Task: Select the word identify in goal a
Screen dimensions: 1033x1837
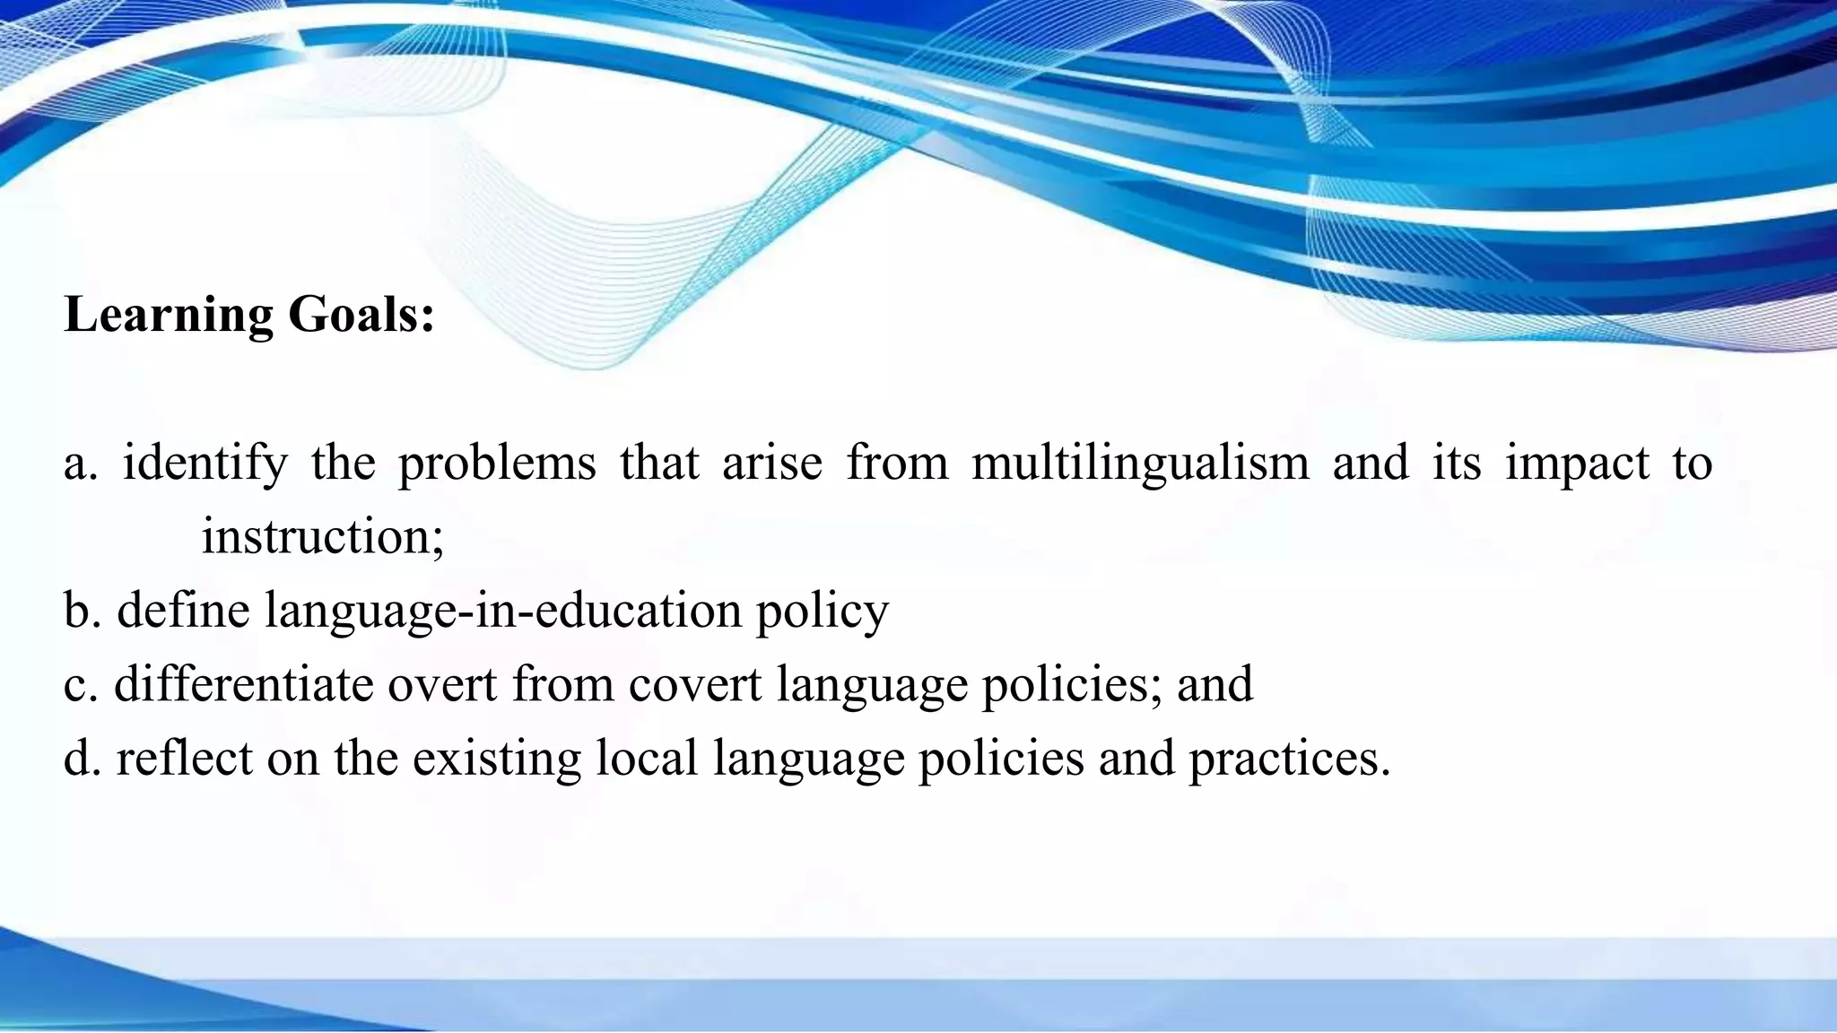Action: pyautogui.click(x=205, y=464)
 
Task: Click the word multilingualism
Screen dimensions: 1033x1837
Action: pyautogui.click(x=1140, y=464)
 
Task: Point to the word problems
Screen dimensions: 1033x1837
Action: pyautogui.click(x=497, y=464)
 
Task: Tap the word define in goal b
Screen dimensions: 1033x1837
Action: pyautogui.click(x=183, y=611)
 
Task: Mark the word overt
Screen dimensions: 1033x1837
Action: pyautogui.click(x=441, y=686)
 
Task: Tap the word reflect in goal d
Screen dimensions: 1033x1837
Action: pyautogui.click(x=184, y=758)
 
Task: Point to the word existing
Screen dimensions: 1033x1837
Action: pyautogui.click(x=496, y=760)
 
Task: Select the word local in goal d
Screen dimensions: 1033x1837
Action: pyautogui.click(x=646, y=758)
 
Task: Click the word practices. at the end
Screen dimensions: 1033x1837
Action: pyautogui.click(x=1289, y=760)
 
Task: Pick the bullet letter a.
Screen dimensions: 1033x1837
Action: pyautogui.click(x=79, y=464)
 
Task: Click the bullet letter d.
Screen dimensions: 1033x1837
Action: pyautogui.click(x=80, y=758)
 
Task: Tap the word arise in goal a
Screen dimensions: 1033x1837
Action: pyautogui.click(x=772, y=464)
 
